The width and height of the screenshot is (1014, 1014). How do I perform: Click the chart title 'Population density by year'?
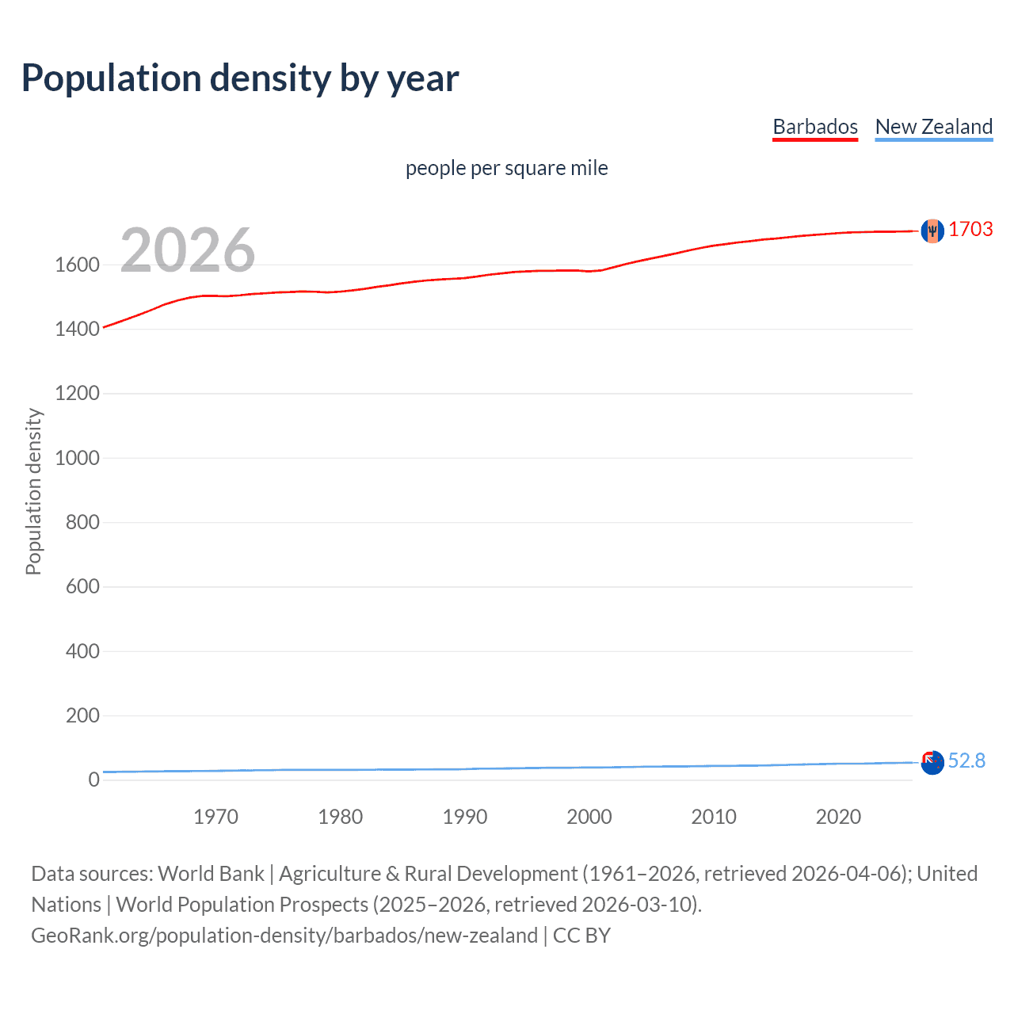[240, 78]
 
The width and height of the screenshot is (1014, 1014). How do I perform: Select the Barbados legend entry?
[815, 127]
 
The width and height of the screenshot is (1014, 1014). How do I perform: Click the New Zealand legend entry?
[933, 127]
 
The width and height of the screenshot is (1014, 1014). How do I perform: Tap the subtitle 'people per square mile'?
[506, 168]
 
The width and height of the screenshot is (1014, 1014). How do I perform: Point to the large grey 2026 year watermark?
[188, 250]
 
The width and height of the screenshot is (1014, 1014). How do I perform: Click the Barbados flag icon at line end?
[932, 231]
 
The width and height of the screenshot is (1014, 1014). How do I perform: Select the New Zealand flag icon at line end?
[932, 762]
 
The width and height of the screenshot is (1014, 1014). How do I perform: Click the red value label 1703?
[970, 229]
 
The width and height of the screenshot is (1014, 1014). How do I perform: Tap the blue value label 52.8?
[966, 760]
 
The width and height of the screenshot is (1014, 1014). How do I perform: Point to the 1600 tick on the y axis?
[77, 265]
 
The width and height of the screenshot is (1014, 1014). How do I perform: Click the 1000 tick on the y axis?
[77, 458]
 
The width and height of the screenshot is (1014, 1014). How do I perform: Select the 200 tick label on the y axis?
[82, 715]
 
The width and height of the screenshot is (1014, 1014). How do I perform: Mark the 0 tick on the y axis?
[93, 780]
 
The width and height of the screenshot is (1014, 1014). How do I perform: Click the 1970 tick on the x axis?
[215, 817]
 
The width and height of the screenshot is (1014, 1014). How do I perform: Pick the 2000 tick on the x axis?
[589, 817]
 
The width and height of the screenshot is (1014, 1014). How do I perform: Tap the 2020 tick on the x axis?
[838, 817]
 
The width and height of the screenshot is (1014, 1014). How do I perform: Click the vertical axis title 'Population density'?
[33, 491]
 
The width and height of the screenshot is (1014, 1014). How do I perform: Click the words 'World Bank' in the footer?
[211, 873]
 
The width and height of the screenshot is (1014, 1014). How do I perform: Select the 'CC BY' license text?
[581, 935]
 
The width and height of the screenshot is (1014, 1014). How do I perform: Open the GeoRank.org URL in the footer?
[284, 935]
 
